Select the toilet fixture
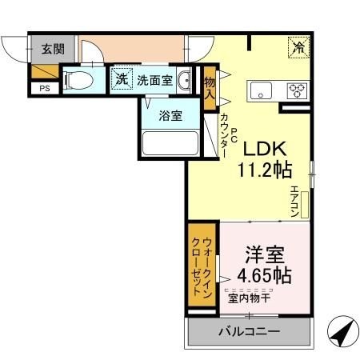(78, 80)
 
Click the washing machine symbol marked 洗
(120, 80)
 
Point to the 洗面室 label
(154, 80)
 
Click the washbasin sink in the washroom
(185, 80)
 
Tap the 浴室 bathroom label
(169, 115)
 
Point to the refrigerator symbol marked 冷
(298, 47)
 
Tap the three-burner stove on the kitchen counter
(296, 90)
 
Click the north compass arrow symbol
(341, 331)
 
